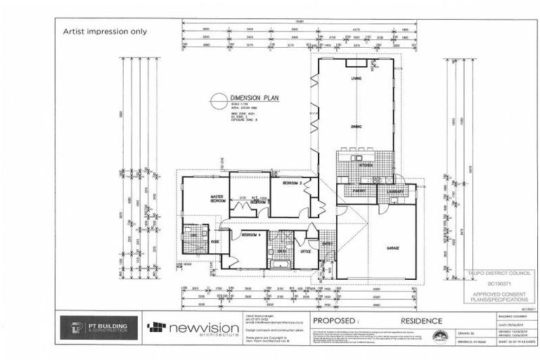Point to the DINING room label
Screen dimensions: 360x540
click(356, 126)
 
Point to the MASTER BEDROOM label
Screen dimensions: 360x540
click(216, 199)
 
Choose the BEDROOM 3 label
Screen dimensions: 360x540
click(292, 183)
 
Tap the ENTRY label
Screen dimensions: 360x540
click(327, 244)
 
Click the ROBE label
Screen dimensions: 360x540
click(216, 241)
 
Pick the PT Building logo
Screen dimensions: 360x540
click(98, 327)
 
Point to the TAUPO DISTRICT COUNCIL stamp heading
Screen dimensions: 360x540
click(491, 271)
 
